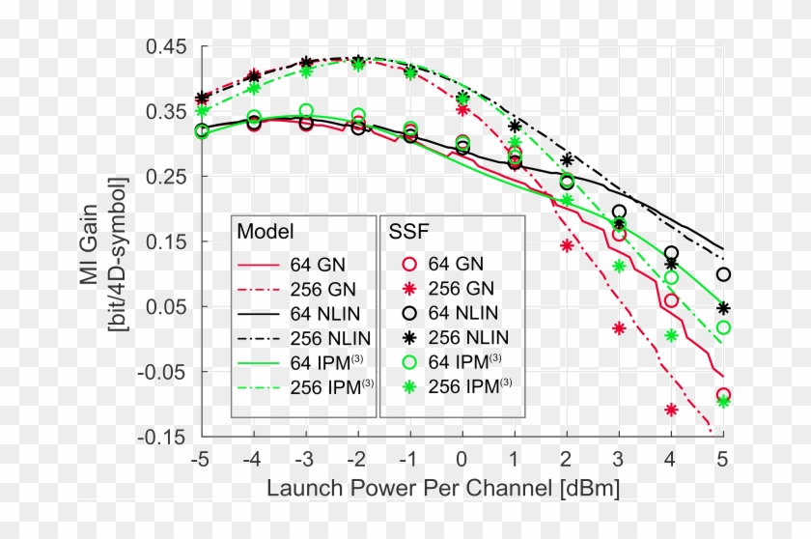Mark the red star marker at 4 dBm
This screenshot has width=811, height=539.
[x=671, y=410]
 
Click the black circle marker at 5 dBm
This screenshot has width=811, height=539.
[x=723, y=274]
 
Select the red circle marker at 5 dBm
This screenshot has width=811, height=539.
[x=723, y=395]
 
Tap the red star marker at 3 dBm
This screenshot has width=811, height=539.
[x=619, y=328]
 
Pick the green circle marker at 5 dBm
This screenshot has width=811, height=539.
[x=723, y=327]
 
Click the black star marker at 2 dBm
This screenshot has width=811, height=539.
[x=567, y=159]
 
